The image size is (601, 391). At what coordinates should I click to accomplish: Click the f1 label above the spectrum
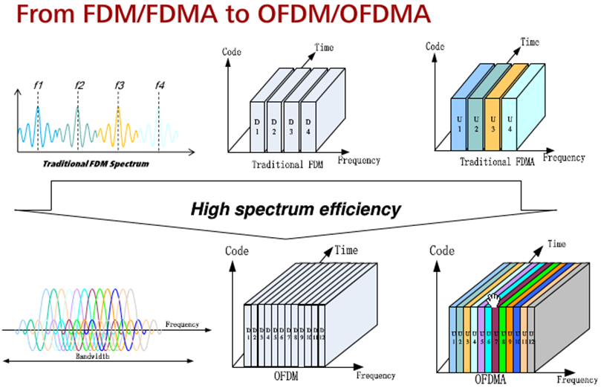point(39,85)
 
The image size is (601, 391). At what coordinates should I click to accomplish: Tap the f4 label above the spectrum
point(160,85)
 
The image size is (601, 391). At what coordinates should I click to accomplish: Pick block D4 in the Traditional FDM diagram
point(310,127)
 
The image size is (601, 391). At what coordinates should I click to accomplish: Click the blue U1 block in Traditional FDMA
point(460,125)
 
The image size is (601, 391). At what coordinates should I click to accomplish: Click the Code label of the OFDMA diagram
point(442,251)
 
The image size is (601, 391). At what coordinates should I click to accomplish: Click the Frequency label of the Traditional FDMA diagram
point(564,158)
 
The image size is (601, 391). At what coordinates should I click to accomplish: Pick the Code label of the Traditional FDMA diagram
point(435,46)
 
